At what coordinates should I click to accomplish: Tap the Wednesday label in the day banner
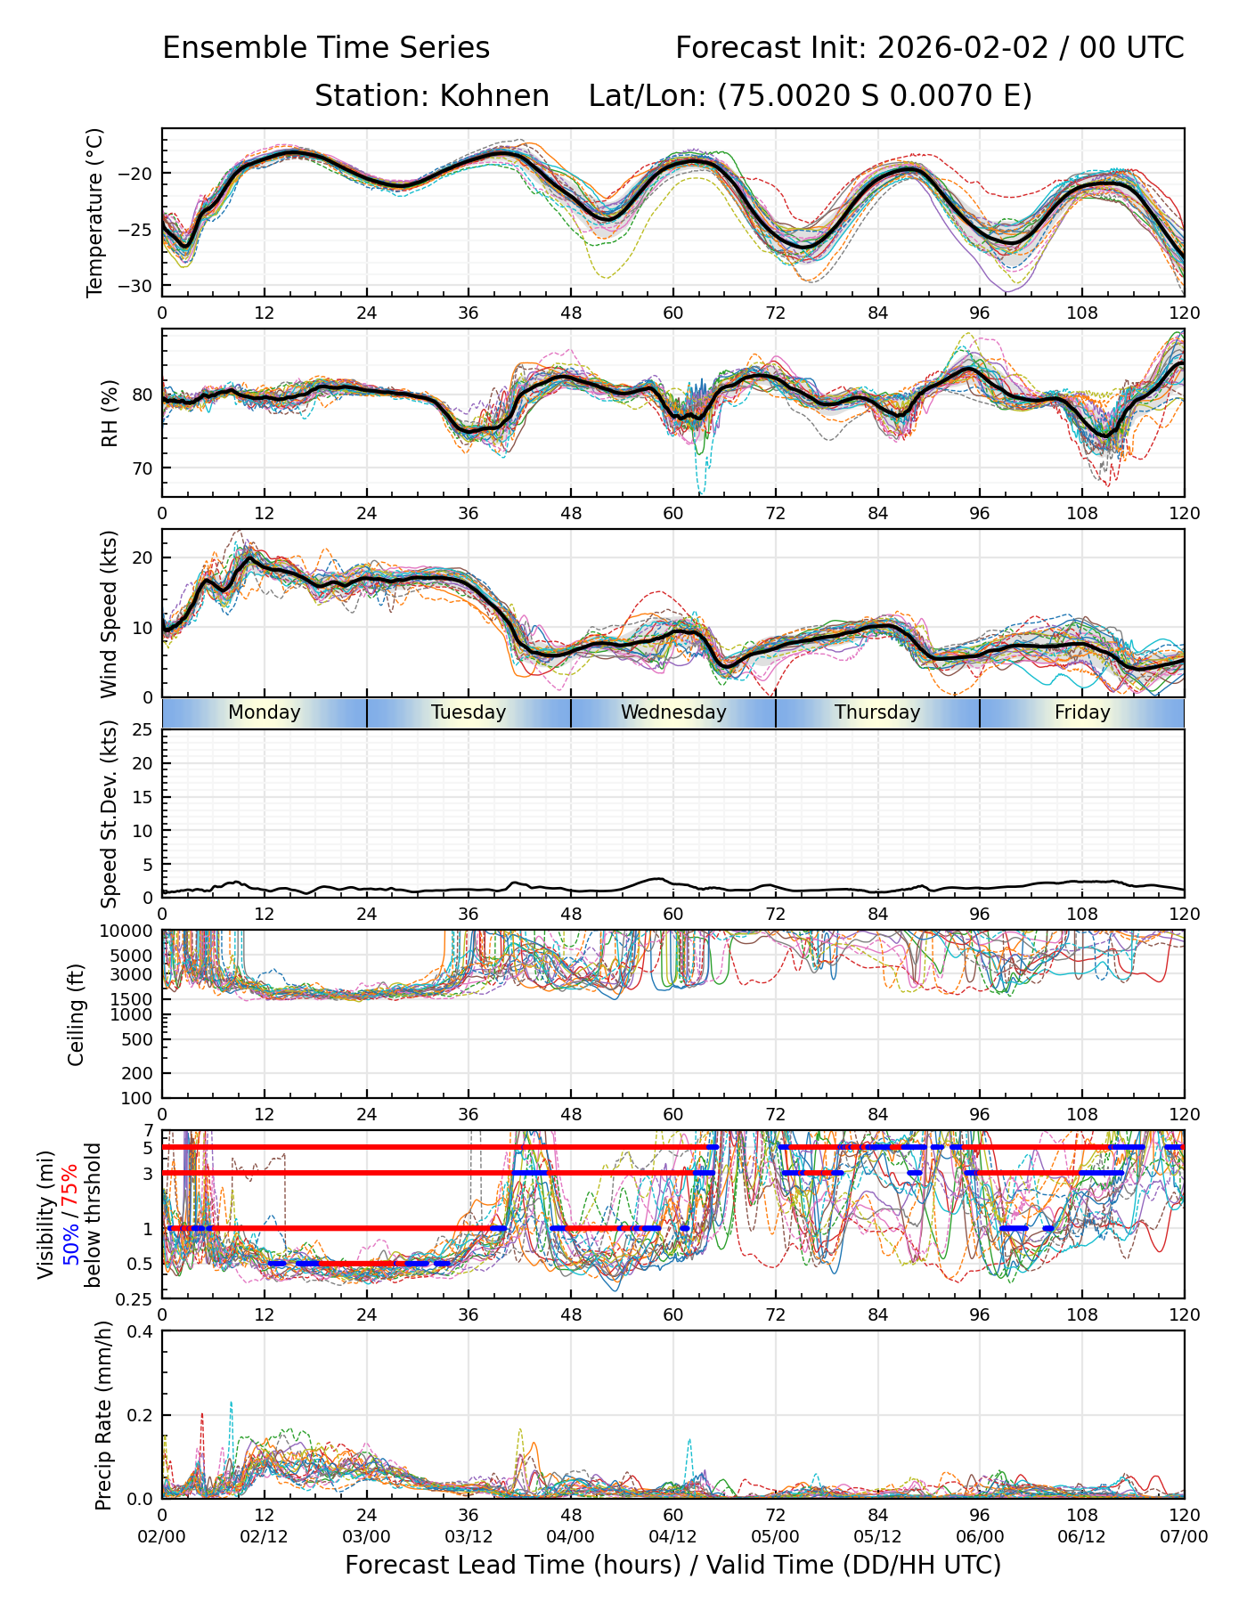click(673, 712)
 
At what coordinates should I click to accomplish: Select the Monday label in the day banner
click(265, 712)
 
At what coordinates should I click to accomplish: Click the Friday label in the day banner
click(1082, 712)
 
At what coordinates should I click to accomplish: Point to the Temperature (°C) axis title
click(95, 212)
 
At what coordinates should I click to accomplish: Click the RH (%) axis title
click(110, 413)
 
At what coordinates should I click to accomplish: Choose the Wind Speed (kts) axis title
click(109, 614)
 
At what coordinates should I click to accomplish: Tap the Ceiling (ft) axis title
click(77, 1014)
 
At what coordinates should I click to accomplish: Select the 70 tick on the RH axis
click(143, 468)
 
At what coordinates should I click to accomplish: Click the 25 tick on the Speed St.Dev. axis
click(143, 731)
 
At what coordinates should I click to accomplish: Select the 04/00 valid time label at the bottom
click(571, 1536)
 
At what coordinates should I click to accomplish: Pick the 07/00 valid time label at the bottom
click(1184, 1536)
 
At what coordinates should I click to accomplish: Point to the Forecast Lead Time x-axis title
click(672, 1565)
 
